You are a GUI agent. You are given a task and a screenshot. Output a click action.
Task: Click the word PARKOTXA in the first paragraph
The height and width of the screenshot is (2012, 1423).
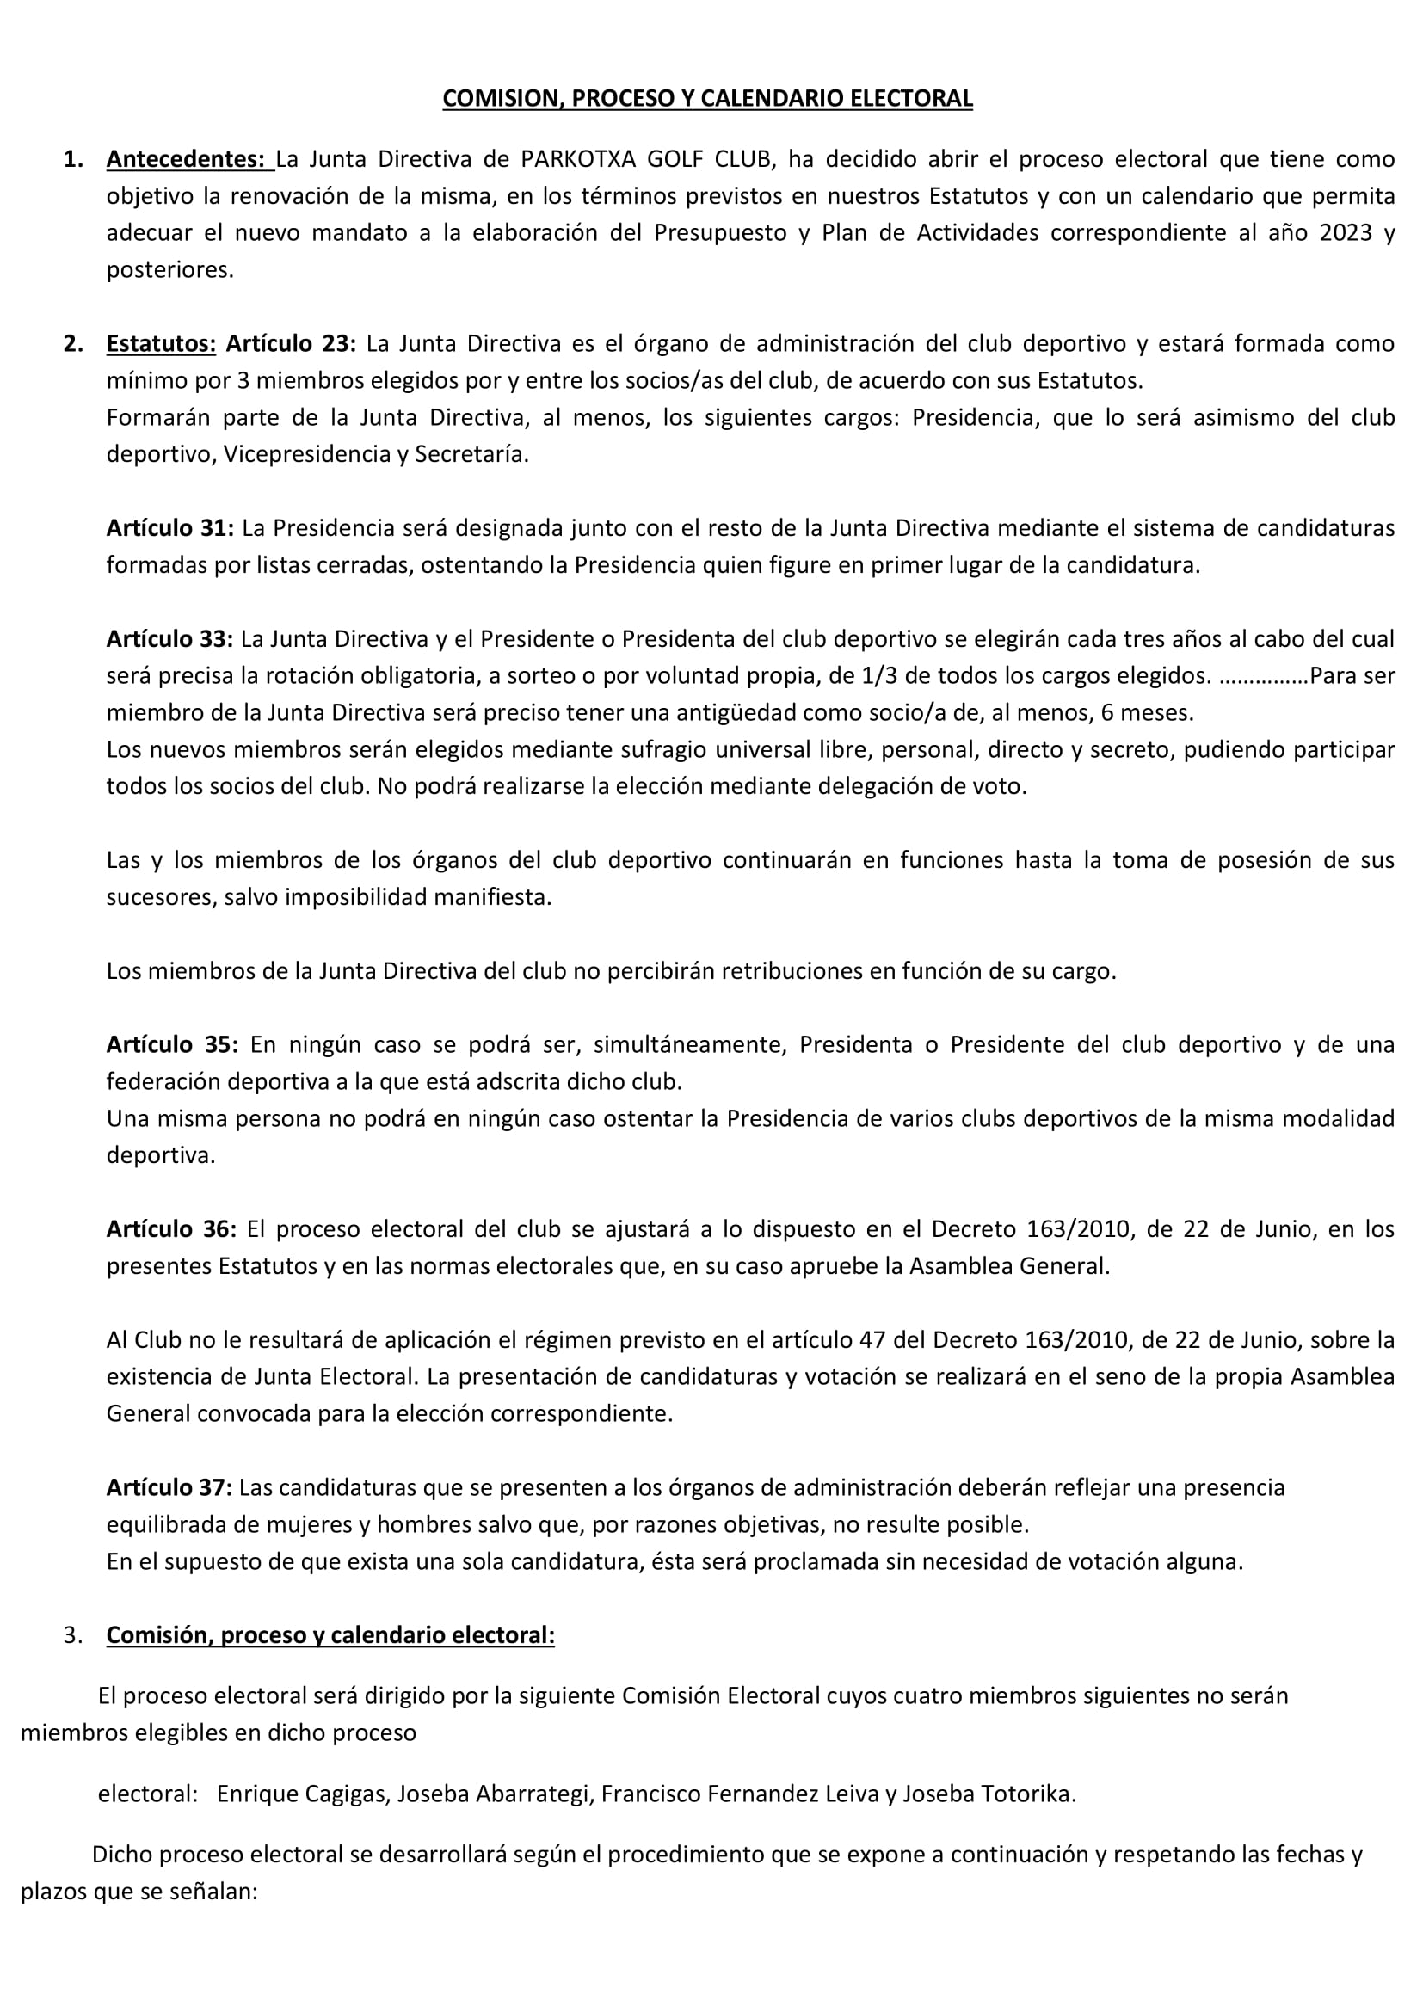pos(576,159)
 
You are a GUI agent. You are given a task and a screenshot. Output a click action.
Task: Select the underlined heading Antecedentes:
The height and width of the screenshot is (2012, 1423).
pos(186,159)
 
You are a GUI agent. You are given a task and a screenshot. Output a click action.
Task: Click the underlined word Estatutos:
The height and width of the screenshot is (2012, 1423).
pos(161,343)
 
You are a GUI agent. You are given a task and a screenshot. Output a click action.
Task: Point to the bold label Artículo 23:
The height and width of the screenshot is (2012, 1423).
pos(291,343)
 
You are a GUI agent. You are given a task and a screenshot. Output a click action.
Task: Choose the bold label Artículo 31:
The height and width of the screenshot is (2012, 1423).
pos(170,528)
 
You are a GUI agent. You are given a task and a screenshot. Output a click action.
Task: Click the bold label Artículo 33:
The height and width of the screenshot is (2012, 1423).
pos(170,639)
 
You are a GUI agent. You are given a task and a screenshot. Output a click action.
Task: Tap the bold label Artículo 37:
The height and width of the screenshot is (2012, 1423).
pos(169,1487)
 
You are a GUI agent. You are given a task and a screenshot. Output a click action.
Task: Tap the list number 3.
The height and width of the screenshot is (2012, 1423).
pos(73,1636)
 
